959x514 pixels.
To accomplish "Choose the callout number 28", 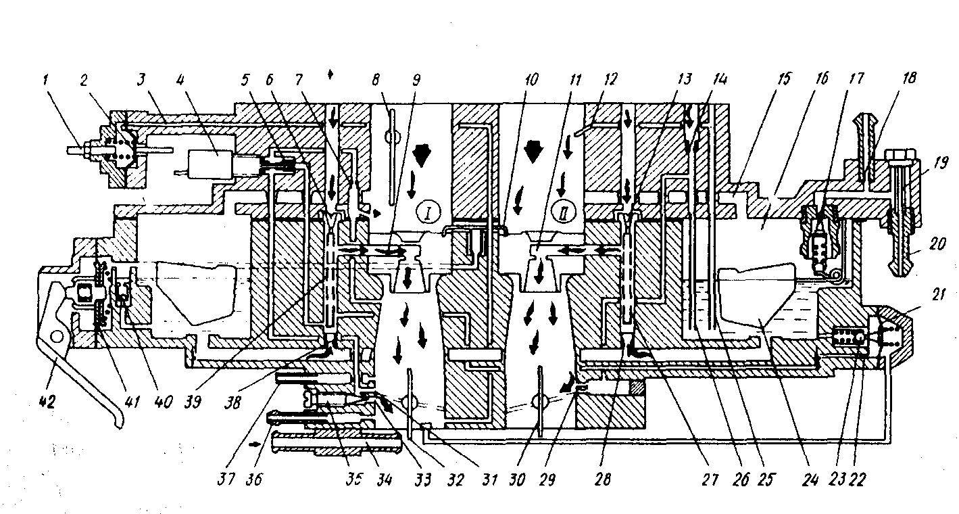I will [x=603, y=480].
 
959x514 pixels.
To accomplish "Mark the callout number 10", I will [x=531, y=79].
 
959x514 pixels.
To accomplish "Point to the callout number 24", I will [x=812, y=480].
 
